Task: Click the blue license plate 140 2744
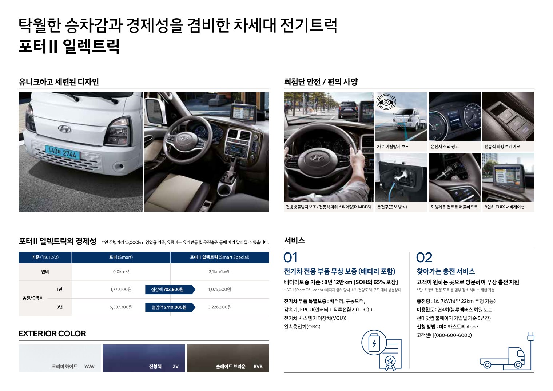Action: click(63, 152)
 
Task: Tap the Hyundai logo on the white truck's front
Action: click(64, 129)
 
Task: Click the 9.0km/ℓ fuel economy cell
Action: click(121, 272)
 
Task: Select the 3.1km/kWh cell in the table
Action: click(219, 272)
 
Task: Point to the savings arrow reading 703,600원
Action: click(170, 289)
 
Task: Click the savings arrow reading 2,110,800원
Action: click(170, 307)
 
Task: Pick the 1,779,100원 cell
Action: click(121, 289)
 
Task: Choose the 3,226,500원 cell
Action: click(219, 307)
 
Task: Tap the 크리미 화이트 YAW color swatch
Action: click(60, 358)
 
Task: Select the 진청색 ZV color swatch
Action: click(144, 358)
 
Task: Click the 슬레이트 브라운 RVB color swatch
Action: click(228, 358)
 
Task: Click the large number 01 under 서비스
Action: click(290, 258)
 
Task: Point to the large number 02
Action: click(424, 258)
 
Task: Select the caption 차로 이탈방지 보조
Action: click(393, 147)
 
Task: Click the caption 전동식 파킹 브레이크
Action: click(502, 147)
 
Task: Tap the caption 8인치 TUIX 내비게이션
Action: click(504, 207)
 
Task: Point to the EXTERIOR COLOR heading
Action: click(52, 334)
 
